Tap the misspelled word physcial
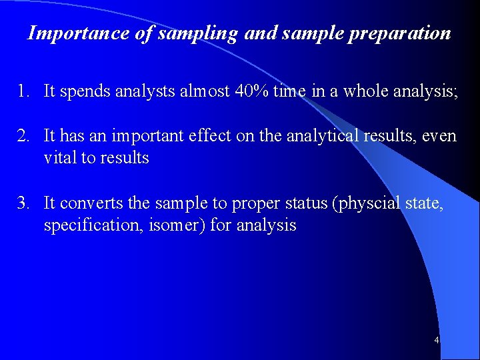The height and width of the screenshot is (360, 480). pos(367,203)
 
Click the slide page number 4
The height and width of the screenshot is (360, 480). pos(436,341)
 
